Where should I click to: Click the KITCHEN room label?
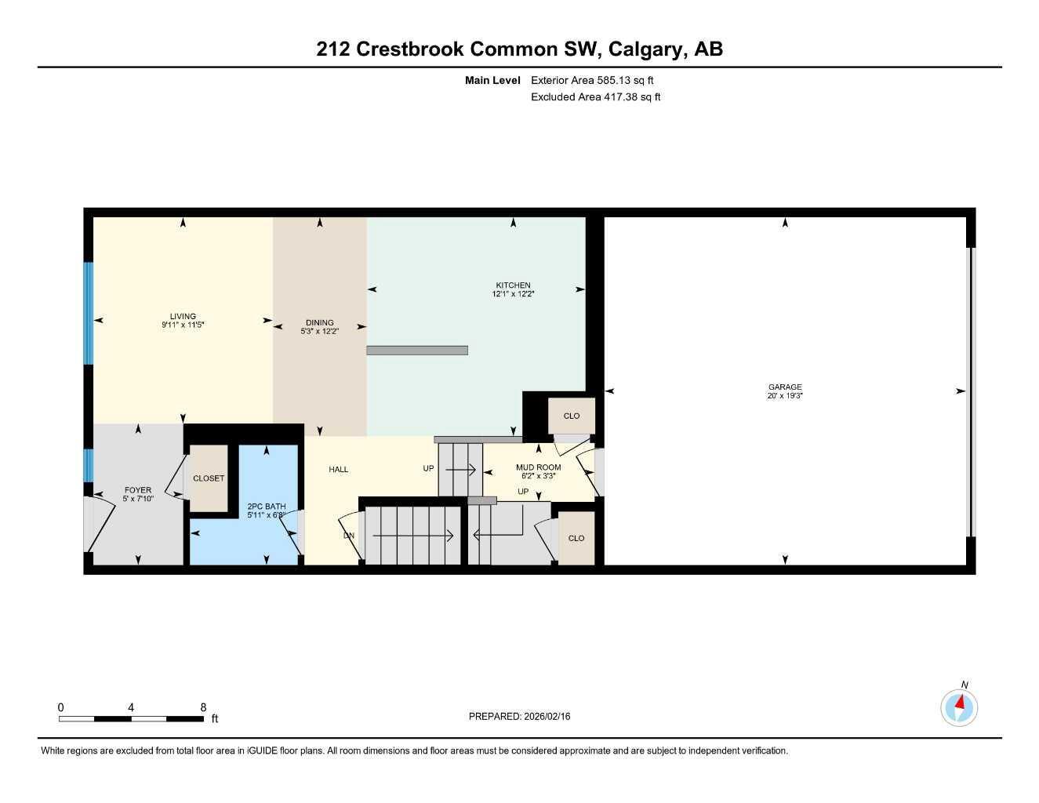(x=513, y=285)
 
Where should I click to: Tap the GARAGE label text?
(x=785, y=387)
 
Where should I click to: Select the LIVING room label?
(x=183, y=316)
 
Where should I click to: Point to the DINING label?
(x=319, y=322)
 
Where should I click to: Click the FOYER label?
(x=138, y=490)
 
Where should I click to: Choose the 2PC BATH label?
(x=266, y=507)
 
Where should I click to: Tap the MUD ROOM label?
(x=538, y=467)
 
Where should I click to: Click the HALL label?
(x=339, y=470)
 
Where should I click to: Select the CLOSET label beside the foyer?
(x=209, y=478)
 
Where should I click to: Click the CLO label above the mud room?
(x=572, y=416)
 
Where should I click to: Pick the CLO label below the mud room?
(x=576, y=538)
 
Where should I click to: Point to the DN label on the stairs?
(x=349, y=536)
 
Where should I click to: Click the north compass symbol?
(x=959, y=707)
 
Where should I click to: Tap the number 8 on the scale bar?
(x=203, y=707)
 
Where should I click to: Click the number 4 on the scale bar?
(x=131, y=707)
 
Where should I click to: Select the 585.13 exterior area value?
(x=619, y=80)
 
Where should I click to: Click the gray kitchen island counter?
(x=417, y=351)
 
